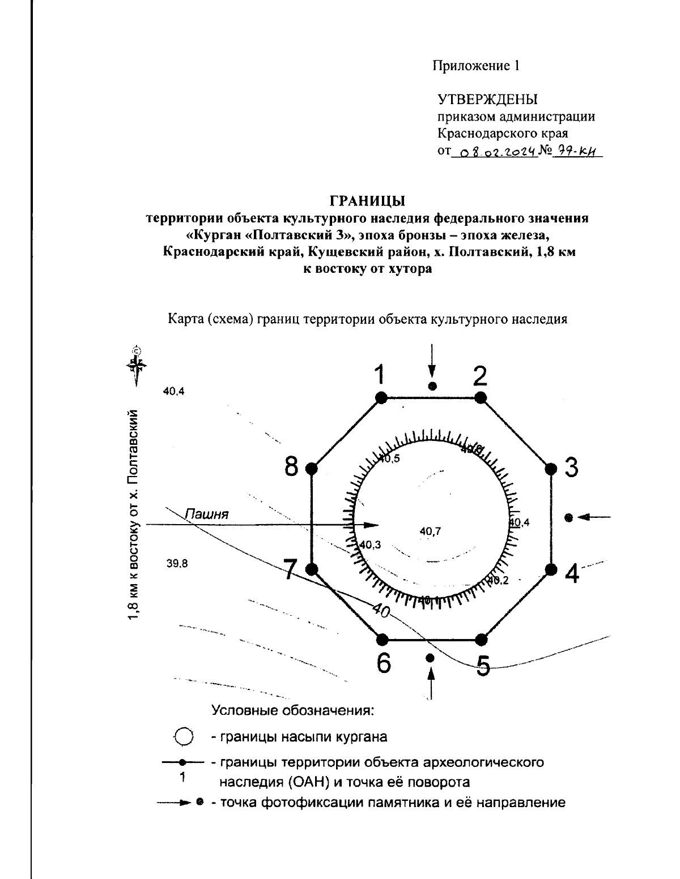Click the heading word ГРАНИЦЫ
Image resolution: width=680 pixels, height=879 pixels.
point(368,200)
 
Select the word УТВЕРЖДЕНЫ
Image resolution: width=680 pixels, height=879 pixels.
point(487,100)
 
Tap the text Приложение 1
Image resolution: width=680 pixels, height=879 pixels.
point(476,66)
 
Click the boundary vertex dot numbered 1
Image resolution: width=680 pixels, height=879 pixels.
point(381,398)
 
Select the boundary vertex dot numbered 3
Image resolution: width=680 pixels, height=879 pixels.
point(550,469)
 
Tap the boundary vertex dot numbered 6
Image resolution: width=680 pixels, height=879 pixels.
point(382,640)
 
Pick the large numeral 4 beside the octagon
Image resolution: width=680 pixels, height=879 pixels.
point(572,574)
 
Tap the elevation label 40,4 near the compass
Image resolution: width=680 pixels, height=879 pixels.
point(174,391)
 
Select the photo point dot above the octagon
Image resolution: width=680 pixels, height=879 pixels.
point(432,386)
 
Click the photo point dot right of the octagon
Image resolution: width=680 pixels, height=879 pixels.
point(569,517)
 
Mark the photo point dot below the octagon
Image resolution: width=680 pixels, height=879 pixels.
point(430,657)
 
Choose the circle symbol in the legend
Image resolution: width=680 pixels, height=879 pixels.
point(183,737)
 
